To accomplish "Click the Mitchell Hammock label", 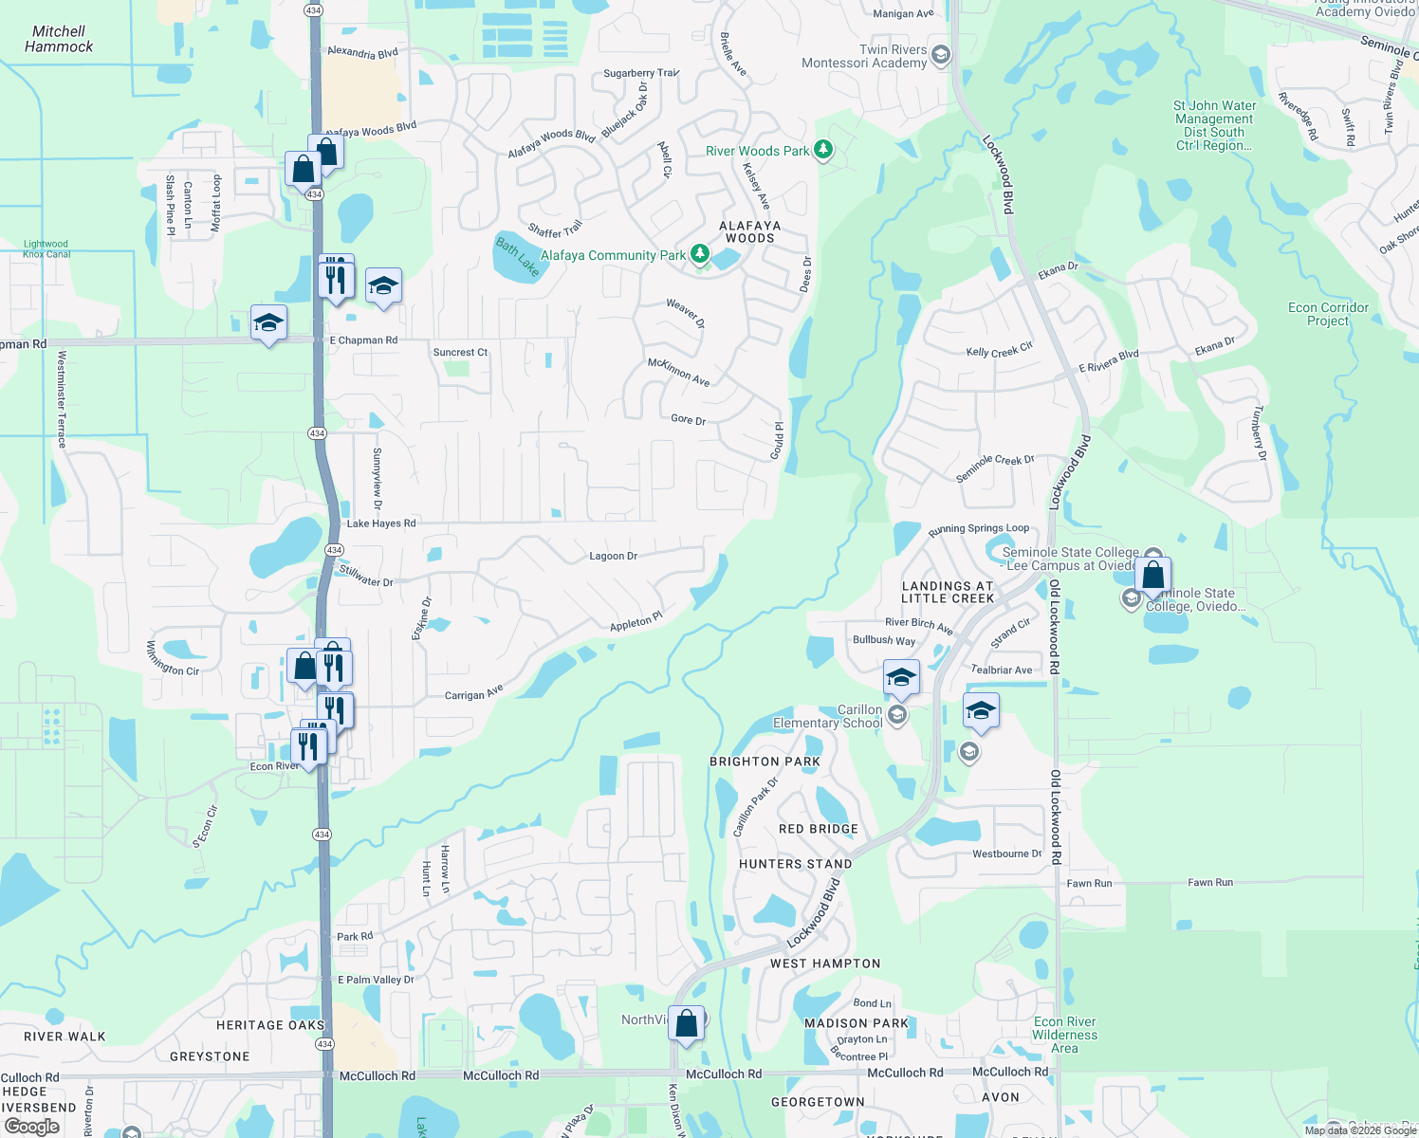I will coord(59,39).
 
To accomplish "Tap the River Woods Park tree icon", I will coord(823,150).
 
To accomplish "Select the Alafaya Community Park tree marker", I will coord(700,253).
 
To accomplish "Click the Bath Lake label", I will coord(518,257).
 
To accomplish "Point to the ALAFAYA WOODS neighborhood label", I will coord(750,232).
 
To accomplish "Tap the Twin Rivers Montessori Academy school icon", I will coord(940,54).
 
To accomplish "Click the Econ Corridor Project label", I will coord(1328,314).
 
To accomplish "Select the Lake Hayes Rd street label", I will coord(381,523).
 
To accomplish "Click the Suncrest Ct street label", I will coord(460,353).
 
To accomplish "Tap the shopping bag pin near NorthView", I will coord(687,1023).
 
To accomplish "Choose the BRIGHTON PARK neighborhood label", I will coord(765,762).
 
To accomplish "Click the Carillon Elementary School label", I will coord(828,716).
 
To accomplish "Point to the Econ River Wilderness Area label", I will coord(1064,1035).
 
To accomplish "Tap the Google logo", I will coord(31,1127).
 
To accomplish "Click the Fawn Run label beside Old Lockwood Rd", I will coord(1089,884).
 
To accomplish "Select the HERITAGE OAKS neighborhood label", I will coord(270,1025).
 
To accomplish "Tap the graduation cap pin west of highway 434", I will coord(268,322).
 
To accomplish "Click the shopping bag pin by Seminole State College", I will coord(1152,575).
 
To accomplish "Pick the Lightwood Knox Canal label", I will coord(46,249).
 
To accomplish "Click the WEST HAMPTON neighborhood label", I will coord(825,964).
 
